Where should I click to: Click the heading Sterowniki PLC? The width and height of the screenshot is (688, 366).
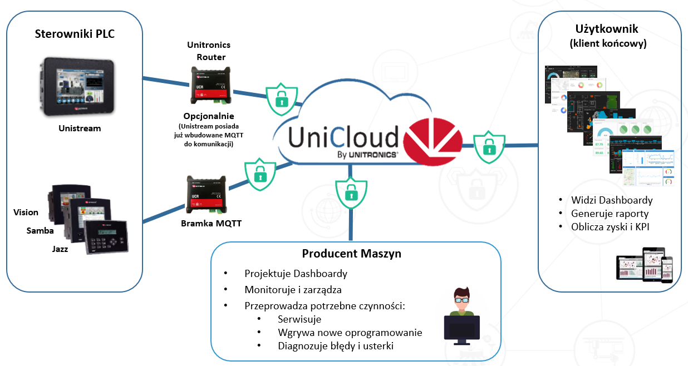[75, 33]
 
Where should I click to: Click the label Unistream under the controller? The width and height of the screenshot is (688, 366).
[80, 128]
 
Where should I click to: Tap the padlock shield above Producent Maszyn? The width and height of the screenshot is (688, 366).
[350, 192]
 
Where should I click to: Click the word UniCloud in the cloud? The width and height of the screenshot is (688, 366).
[344, 136]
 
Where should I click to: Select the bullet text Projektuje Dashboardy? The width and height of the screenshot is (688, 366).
[296, 274]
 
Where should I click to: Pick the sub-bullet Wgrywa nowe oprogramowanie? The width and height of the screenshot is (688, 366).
[350, 333]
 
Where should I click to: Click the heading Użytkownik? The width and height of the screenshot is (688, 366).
[607, 29]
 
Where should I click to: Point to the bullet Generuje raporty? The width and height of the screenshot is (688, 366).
[610, 214]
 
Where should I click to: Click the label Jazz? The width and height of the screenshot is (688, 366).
[60, 249]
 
